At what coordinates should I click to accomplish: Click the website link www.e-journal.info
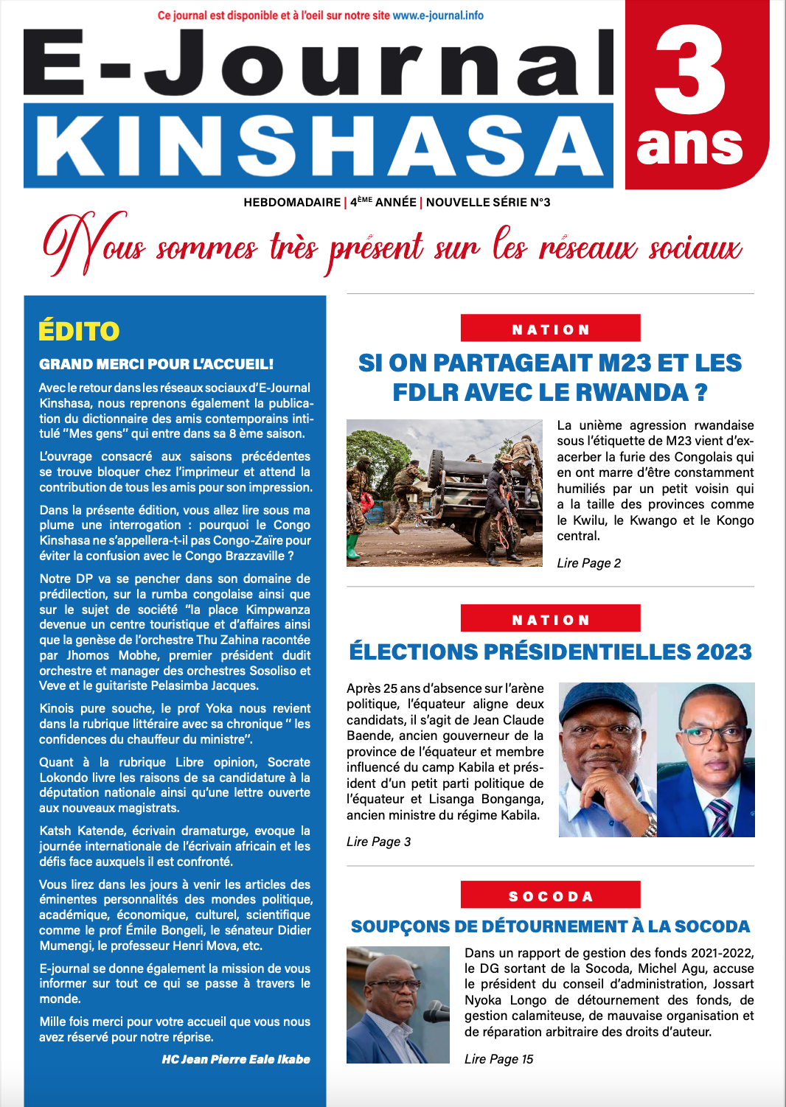(438, 15)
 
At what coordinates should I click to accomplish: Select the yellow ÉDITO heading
(79, 332)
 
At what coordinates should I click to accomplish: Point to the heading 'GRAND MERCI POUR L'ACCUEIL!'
(156, 364)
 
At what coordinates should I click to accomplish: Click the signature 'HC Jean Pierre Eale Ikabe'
(236, 1059)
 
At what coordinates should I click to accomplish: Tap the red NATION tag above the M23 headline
(550, 329)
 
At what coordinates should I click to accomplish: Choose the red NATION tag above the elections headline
(550, 619)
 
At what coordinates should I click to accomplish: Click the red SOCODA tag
(550, 895)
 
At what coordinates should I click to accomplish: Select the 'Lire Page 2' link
(588, 563)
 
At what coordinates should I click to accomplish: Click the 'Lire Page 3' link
(378, 842)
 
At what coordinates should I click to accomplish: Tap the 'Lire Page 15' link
(498, 1059)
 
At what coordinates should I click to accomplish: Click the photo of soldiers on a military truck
(444, 492)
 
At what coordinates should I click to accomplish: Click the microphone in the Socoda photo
(437, 1015)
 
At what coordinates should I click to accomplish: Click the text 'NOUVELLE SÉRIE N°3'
(488, 202)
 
